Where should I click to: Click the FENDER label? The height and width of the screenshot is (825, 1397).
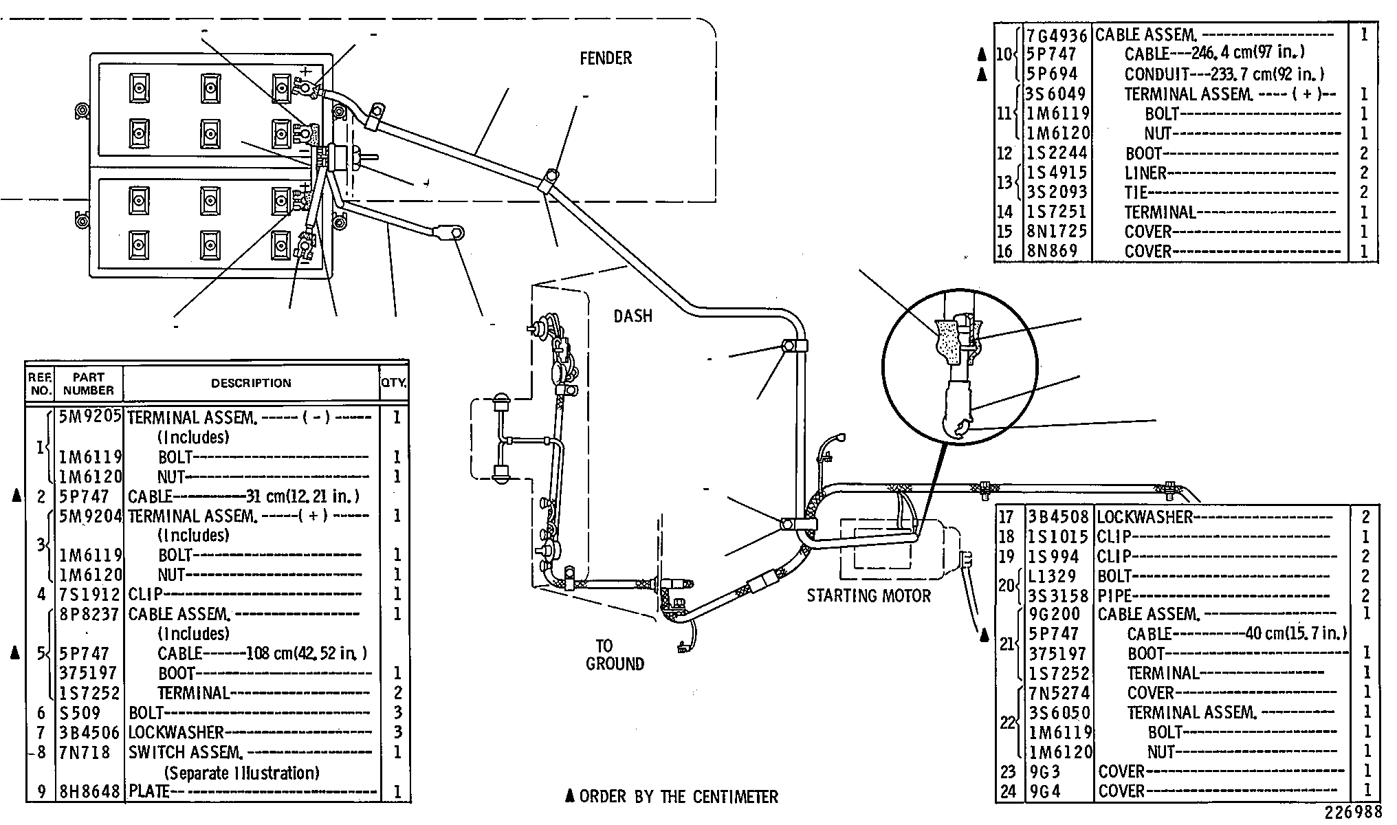(x=606, y=58)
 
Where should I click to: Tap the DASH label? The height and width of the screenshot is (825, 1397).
(x=632, y=316)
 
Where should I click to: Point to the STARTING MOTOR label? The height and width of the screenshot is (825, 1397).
(x=868, y=595)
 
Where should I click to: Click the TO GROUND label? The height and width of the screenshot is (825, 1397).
(x=615, y=654)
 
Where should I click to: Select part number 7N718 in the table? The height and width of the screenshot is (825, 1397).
(x=85, y=752)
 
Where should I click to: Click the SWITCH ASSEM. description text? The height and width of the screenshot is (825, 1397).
(x=186, y=752)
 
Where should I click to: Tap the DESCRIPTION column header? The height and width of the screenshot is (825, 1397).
(x=251, y=383)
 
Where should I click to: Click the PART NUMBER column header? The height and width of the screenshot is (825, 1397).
(x=89, y=384)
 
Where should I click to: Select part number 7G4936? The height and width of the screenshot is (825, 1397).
(x=1057, y=35)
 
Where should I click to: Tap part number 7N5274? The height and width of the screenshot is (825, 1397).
(x=1059, y=693)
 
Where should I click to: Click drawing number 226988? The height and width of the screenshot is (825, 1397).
(x=1354, y=813)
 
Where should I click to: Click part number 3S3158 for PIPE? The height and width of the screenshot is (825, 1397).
(x=1059, y=595)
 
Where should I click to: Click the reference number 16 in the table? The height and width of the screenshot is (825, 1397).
(x=1005, y=252)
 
